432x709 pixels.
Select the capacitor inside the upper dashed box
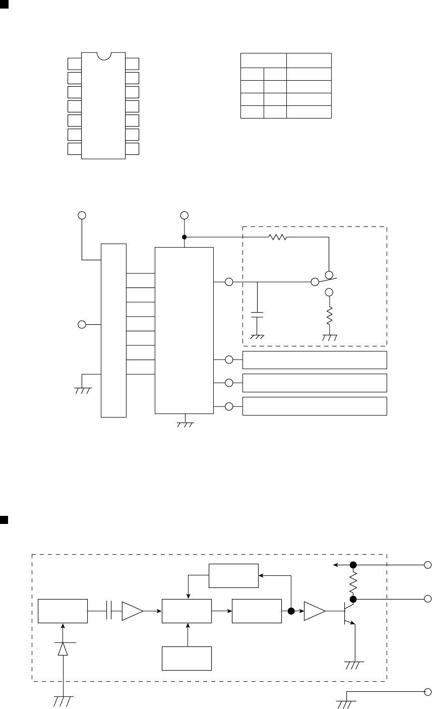click(258, 316)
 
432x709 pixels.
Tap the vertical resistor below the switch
click(330, 316)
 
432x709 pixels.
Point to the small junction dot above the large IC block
click(184, 237)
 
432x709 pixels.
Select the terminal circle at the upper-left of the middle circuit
click(82, 215)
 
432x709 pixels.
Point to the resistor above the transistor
click(353, 581)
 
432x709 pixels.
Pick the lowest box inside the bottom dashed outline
click(187, 658)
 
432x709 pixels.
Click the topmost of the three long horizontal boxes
click(315, 360)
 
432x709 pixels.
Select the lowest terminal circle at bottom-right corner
click(428, 692)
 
